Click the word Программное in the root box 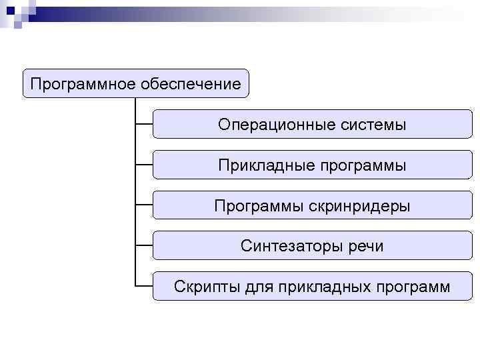click(83, 85)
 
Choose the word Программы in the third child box click(259, 206)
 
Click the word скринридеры click(359, 206)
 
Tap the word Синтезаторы click(291, 246)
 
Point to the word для click(255, 287)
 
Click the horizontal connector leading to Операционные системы click(143, 123)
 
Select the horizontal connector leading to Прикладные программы click(143, 164)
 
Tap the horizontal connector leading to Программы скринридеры click(143, 205)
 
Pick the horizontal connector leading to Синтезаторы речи click(143, 245)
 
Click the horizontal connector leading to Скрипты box click(143, 285)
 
